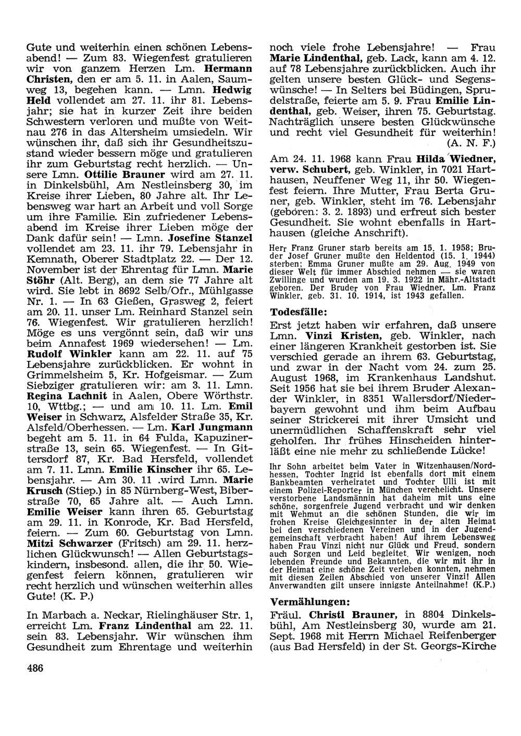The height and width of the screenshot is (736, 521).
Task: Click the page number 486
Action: tap(35, 668)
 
